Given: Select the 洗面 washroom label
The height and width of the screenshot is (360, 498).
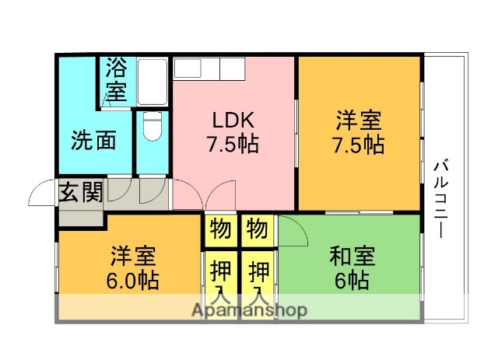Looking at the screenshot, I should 94,141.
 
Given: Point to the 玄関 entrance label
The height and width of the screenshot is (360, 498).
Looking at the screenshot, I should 80,192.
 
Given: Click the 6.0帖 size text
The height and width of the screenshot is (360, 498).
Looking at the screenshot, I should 132,280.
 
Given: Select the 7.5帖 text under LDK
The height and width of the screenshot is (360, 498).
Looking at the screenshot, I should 233,144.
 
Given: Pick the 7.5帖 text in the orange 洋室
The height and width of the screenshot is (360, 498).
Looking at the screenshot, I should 358,145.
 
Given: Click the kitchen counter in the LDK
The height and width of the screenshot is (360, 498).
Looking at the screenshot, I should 209,68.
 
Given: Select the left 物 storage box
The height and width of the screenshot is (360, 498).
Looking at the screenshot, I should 220,229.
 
